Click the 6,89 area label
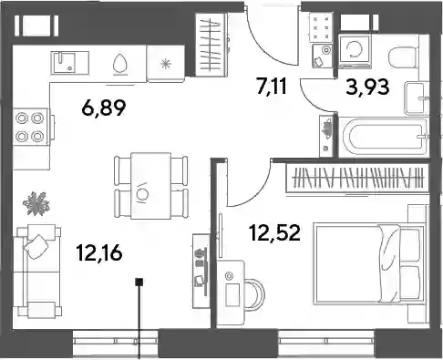104,108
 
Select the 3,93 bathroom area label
367,87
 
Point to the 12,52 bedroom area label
274,233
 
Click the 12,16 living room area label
99,252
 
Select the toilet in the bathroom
402,57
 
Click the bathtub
384,138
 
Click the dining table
150,186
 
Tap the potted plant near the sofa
36,203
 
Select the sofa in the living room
36,271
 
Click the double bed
369,263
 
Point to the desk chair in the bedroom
255,294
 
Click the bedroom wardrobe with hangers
357,178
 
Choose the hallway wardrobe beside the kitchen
211,45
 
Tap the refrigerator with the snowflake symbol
166,64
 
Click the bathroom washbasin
417,98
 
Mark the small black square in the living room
139,283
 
